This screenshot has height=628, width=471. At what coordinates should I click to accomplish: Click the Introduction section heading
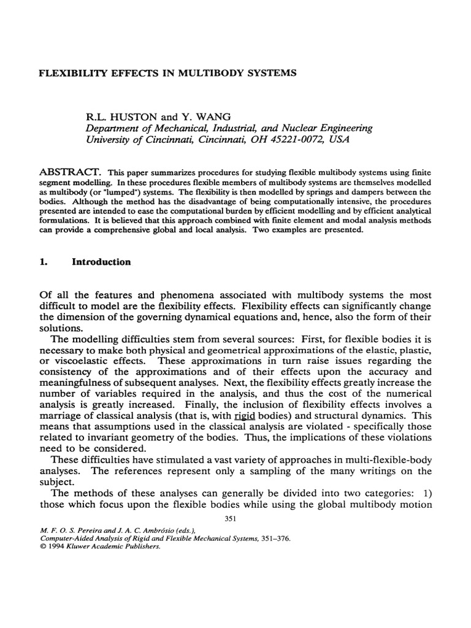(102, 262)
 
